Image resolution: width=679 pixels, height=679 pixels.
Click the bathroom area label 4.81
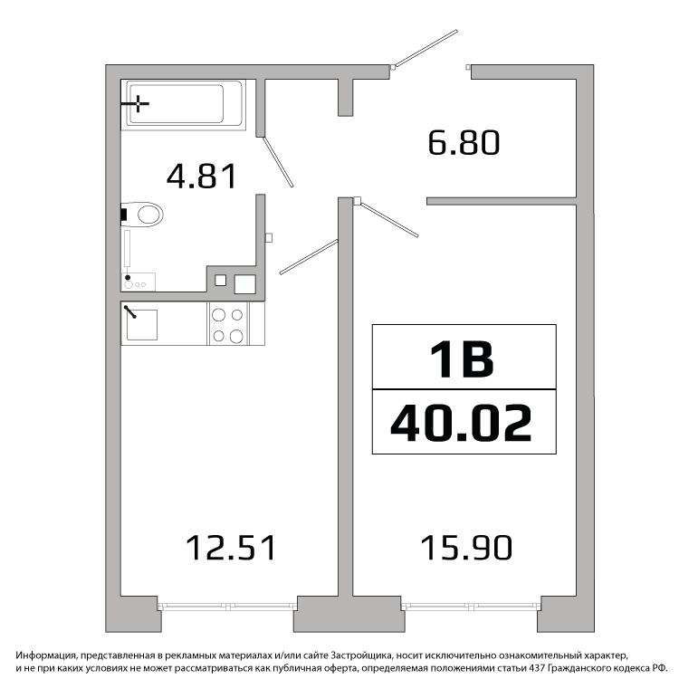tap(202, 177)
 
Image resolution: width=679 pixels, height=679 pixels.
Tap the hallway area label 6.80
tap(464, 142)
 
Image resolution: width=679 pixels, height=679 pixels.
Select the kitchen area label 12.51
tap(231, 548)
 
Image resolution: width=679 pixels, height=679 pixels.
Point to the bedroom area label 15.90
tap(466, 548)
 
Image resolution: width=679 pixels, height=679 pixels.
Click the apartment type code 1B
tap(462, 359)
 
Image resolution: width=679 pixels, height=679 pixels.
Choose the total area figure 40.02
tap(461, 423)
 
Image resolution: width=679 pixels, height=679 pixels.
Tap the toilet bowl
tap(142, 215)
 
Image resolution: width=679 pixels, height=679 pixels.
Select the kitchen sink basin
tap(141, 325)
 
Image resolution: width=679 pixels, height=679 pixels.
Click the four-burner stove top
tap(228, 325)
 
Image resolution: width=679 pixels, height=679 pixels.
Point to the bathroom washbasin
tap(139, 282)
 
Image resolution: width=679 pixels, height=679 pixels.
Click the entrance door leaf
tap(426, 48)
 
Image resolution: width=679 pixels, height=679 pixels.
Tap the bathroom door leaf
tap(279, 162)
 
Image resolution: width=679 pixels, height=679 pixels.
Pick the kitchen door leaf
tap(309, 257)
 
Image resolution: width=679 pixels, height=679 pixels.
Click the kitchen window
tap(227, 607)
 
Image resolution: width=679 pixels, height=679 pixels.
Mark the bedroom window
tap(471, 607)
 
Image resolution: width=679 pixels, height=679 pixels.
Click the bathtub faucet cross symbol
tap(138, 104)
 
